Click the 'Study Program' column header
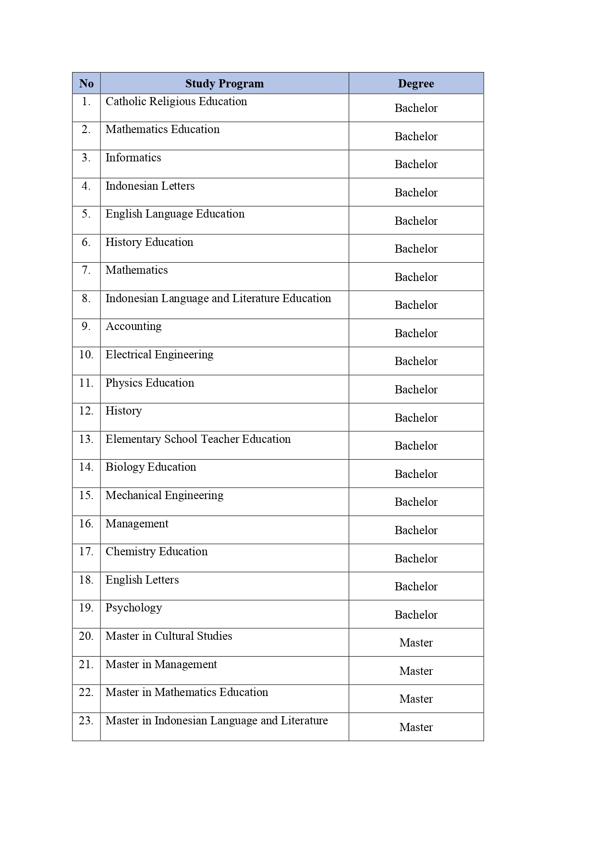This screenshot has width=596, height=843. (x=224, y=84)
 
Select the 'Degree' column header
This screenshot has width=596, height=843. (x=416, y=84)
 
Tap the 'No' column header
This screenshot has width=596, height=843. (x=86, y=84)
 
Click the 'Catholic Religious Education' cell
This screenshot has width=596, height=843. (x=176, y=101)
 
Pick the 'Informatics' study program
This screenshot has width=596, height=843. (x=134, y=158)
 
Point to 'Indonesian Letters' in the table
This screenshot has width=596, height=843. (x=150, y=186)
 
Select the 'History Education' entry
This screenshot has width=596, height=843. (x=149, y=242)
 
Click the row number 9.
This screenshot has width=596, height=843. (x=86, y=327)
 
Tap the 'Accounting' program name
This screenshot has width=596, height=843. (x=134, y=327)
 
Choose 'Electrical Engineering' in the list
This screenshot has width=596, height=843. (x=159, y=354)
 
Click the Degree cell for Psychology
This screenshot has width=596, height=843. (x=416, y=615)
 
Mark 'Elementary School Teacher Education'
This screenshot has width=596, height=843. (x=198, y=439)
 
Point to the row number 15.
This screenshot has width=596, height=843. (x=86, y=495)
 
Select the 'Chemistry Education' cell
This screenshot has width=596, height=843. (x=157, y=551)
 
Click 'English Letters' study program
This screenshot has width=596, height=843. (x=142, y=580)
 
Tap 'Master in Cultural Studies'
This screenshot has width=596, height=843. (x=169, y=636)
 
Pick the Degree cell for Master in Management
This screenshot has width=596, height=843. (x=416, y=671)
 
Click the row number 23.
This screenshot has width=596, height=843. (x=86, y=721)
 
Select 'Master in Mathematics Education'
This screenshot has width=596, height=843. (x=187, y=692)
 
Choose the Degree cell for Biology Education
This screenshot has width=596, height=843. (x=416, y=474)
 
